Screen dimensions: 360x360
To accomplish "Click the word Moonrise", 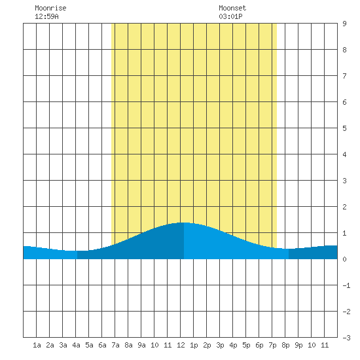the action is [50, 8].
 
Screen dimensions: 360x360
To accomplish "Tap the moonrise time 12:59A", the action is [46, 16].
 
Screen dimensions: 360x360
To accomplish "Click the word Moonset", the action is [232, 8].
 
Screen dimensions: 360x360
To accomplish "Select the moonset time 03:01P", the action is [230, 16].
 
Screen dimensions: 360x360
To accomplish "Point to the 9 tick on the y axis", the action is [344, 24].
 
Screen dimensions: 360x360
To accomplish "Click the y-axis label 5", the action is [344, 128].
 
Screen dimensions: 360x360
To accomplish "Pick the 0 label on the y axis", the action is [344, 259].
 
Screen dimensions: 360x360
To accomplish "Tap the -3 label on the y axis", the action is [346, 338].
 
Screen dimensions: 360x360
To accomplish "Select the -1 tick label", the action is [346, 285].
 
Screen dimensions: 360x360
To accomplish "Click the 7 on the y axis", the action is [344, 76].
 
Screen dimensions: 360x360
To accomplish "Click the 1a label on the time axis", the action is [37, 345].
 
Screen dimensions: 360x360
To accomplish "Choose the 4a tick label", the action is [76, 345].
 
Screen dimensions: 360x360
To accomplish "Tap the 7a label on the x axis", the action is [115, 345].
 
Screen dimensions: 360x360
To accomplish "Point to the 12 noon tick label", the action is [181, 345].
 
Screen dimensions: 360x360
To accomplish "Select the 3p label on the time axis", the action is [220, 345].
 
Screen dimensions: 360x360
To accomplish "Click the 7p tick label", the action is [272, 345].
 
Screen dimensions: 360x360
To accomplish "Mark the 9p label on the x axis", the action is [298, 345].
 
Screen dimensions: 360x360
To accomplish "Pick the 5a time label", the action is [89, 345].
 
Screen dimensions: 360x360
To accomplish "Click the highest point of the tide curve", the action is [184, 223].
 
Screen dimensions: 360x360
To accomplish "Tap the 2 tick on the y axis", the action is [344, 207].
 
